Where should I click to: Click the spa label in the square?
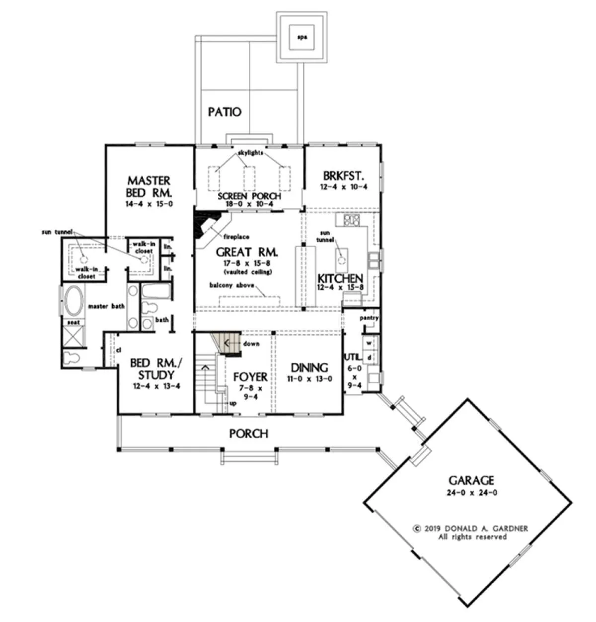(x=302, y=37)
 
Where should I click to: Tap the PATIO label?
(x=224, y=112)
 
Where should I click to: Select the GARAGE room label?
(x=471, y=480)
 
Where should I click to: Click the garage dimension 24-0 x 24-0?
(x=472, y=493)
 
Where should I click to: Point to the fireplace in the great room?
(x=211, y=229)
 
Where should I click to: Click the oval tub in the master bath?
(x=74, y=301)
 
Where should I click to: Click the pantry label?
(x=369, y=318)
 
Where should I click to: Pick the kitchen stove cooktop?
(x=352, y=220)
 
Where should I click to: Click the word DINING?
(x=309, y=367)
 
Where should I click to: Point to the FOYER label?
(x=250, y=377)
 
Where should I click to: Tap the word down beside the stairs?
(x=251, y=344)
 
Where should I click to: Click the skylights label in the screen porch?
(x=251, y=153)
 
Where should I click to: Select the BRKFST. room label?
(x=344, y=176)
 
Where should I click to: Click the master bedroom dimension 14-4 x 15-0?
(x=149, y=204)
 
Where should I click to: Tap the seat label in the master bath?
(x=74, y=323)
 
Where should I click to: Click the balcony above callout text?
(x=231, y=285)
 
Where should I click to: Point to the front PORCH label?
(x=249, y=434)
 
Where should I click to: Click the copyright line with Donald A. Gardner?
(x=471, y=529)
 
